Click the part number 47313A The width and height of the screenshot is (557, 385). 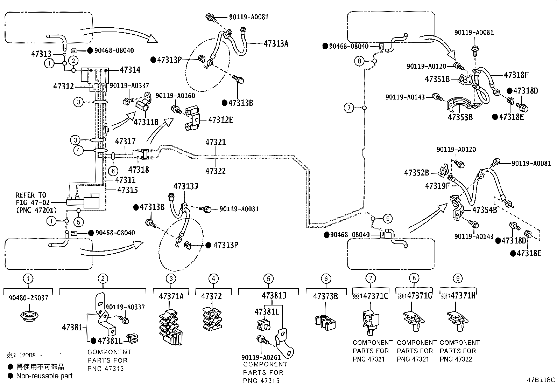coord(276,43)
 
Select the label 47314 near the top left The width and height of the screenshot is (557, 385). coord(130,70)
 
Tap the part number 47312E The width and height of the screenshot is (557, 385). coord(220,120)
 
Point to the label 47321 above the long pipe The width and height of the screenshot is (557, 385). coord(216,142)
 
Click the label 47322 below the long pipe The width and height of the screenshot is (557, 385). coord(216,171)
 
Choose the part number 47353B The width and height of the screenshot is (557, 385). coord(460,117)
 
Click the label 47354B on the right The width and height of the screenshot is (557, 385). coord(485,210)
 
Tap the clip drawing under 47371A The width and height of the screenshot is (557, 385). coord(171,326)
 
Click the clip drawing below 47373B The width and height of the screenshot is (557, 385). coord(325,321)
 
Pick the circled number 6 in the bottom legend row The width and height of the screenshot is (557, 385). coord(326,279)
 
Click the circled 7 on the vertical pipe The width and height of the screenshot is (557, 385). coord(349,108)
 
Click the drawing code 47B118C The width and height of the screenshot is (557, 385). coord(541,380)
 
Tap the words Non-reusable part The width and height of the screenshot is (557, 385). coord(44,376)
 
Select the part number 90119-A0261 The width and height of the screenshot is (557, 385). coord(261,357)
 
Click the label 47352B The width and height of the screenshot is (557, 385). coord(416,173)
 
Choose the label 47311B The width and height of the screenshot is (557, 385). coord(146,122)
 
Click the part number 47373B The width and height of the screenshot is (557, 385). coord(325,296)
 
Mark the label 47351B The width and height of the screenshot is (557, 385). coord(437,79)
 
